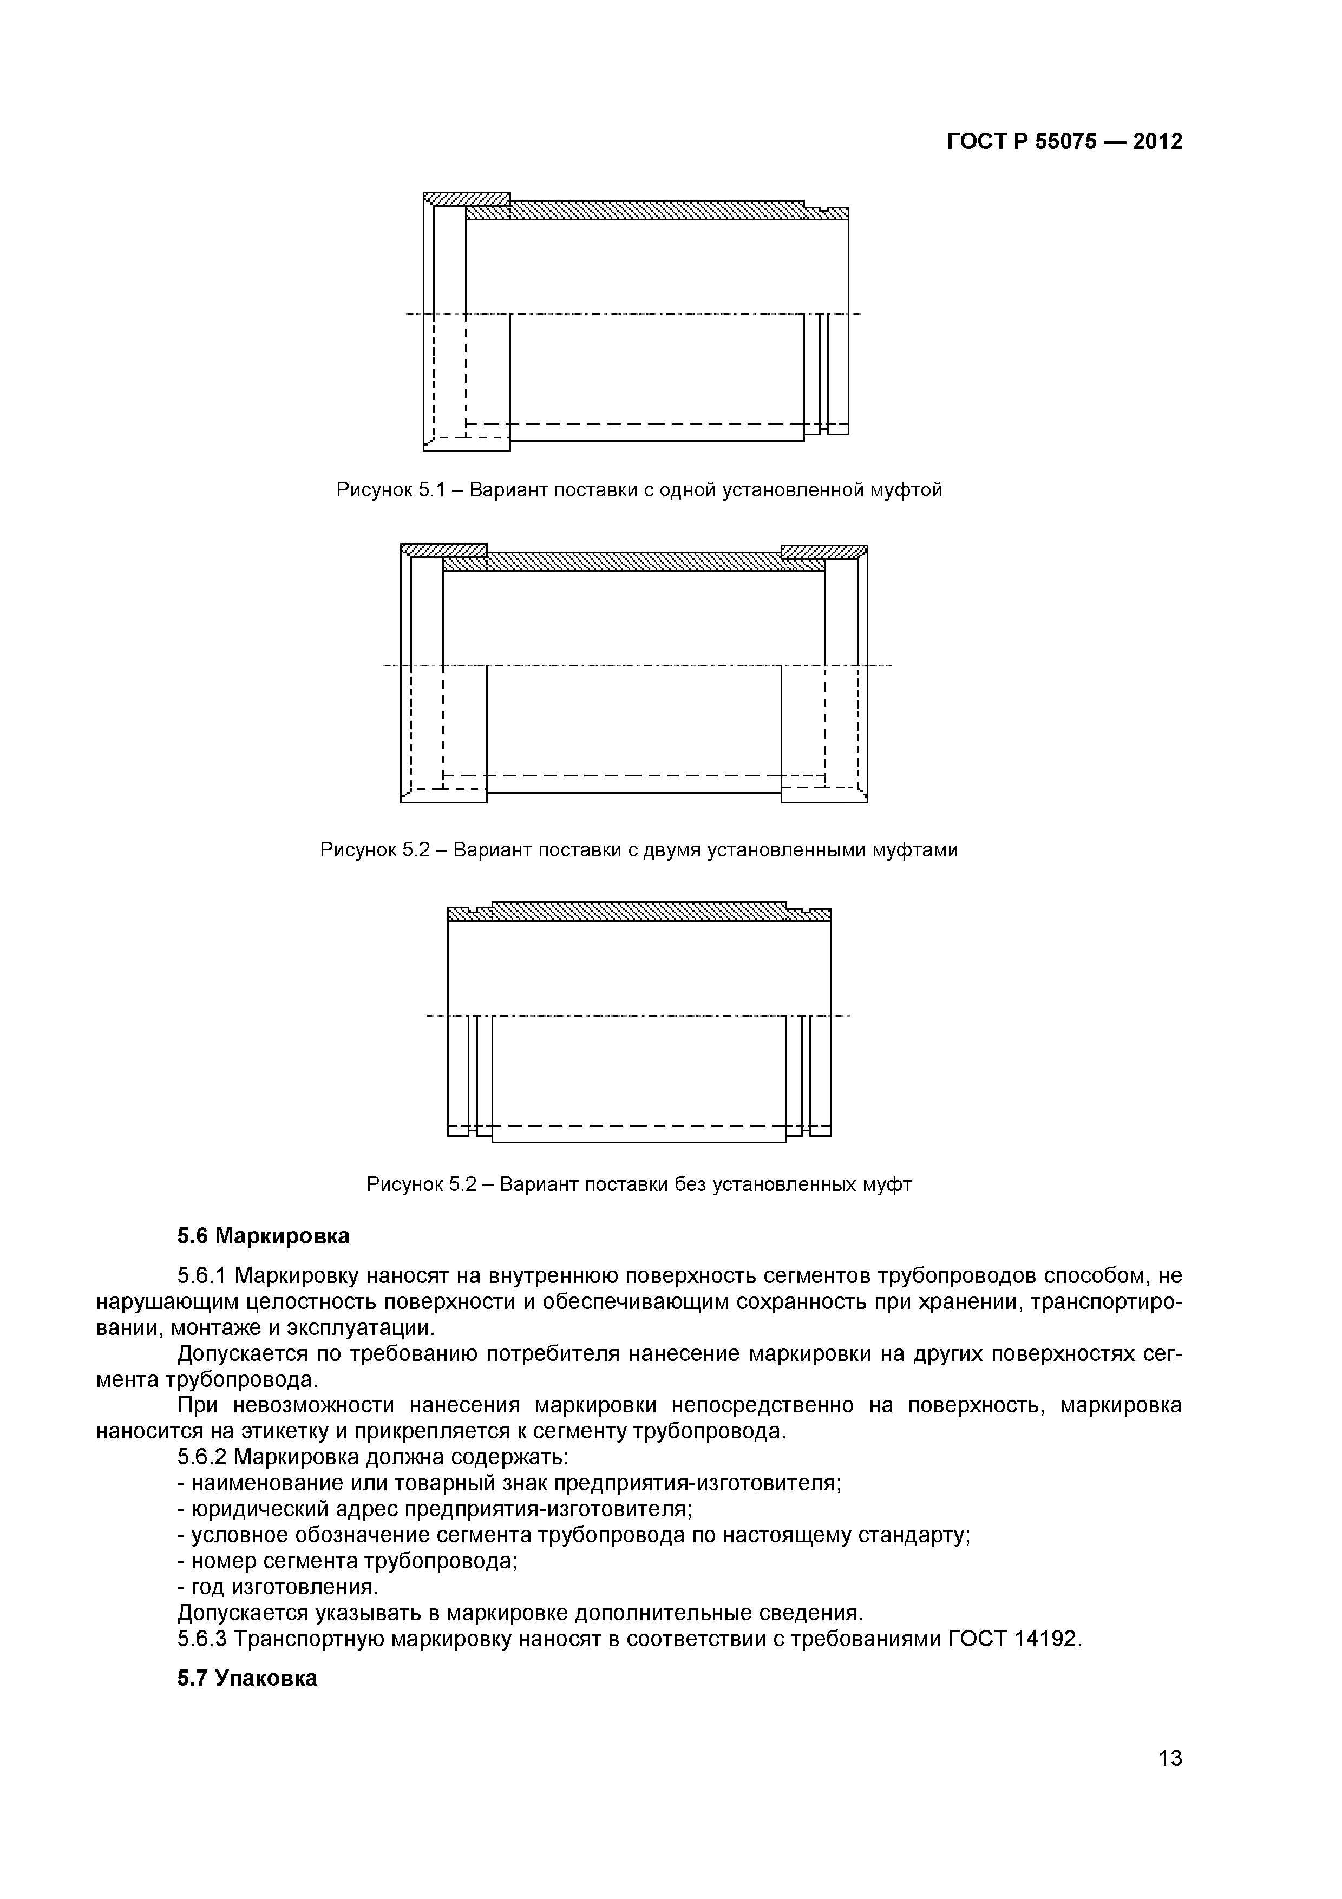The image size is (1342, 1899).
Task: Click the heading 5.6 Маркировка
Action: point(263,1236)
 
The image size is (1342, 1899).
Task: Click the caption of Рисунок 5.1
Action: point(638,490)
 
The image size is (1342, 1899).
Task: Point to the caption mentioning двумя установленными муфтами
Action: point(638,850)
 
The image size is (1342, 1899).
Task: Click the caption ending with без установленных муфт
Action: point(638,1184)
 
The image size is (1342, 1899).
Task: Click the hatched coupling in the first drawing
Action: point(466,199)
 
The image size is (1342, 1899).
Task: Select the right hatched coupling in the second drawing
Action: point(823,552)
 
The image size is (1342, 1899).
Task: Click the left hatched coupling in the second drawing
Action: point(444,551)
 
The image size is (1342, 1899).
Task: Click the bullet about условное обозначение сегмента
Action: point(574,1512)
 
